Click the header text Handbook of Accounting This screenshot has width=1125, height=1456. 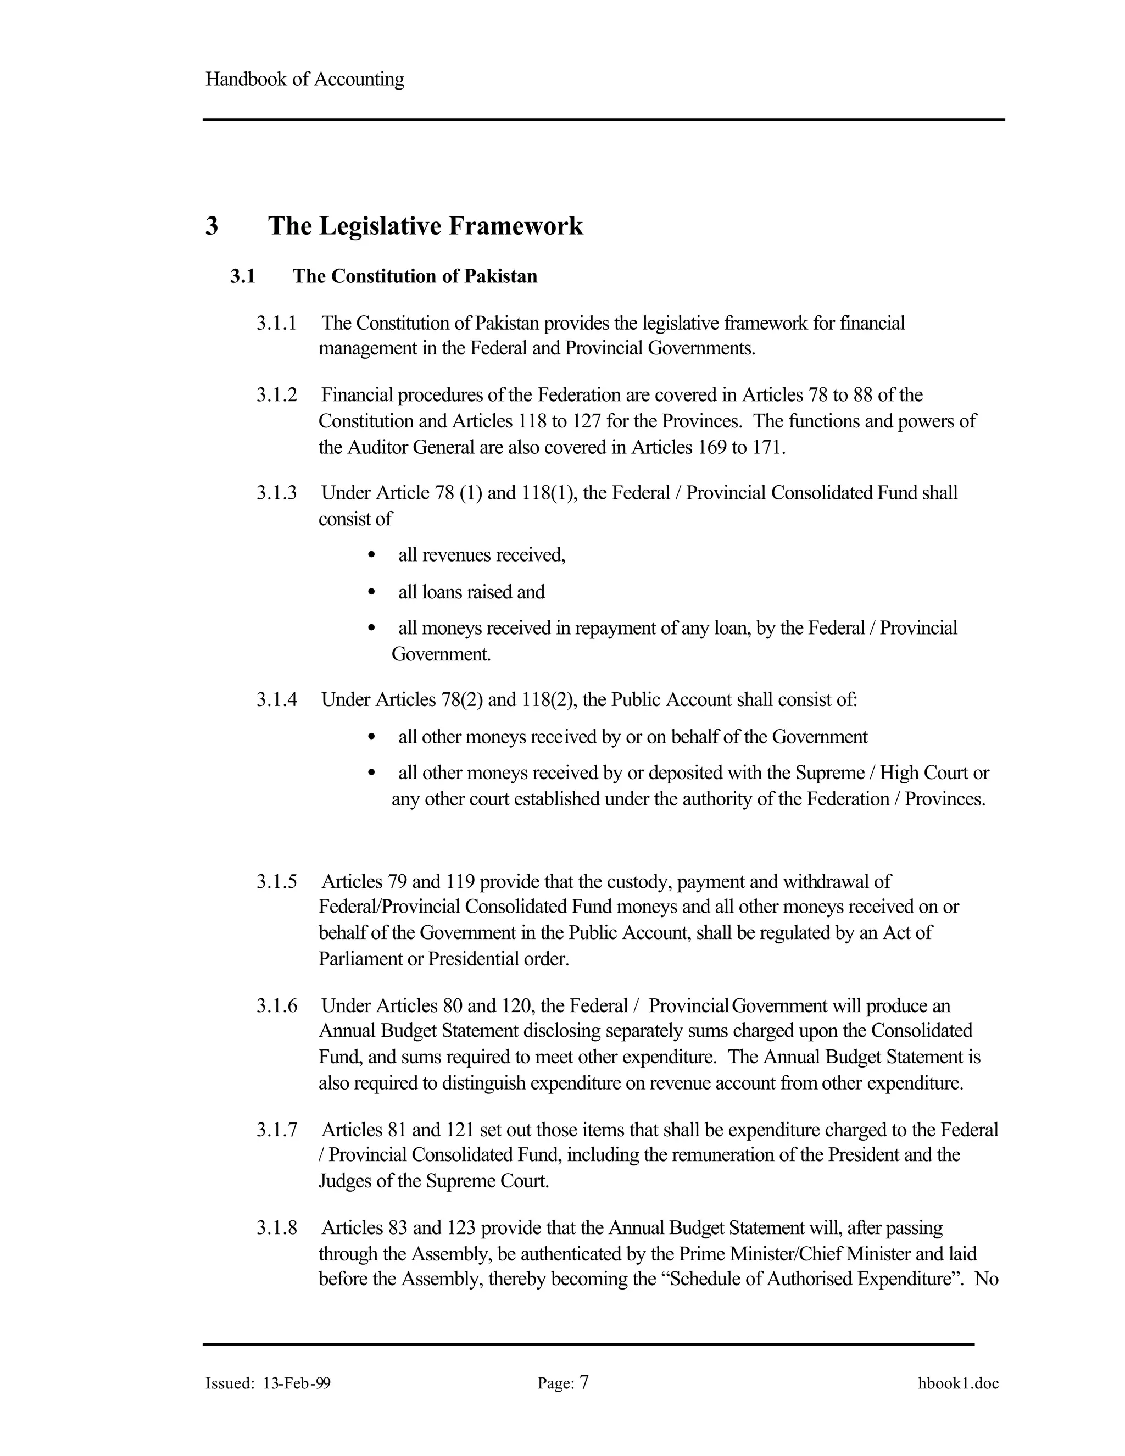[304, 79]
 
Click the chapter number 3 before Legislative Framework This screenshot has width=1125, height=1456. [212, 226]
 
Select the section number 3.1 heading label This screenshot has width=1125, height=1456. [243, 276]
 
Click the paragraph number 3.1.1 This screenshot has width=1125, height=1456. [276, 323]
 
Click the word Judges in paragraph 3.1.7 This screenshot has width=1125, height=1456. [344, 1181]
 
